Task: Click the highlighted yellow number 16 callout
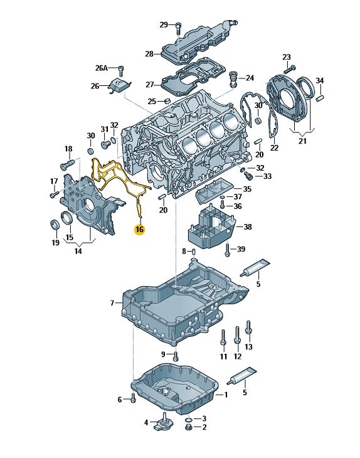pyautogui.click(x=140, y=229)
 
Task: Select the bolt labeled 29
pyautogui.click(x=179, y=29)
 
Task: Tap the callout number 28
pyautogui.click(x=149, y=54)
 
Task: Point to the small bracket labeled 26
pyautogui.click(x=120, y=86)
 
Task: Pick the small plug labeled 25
pyautogui.click(x=167, y=102)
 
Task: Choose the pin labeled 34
pyautogui.click(x=320, y=97)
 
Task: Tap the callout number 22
pyautogui.click(x=275, y=148)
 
